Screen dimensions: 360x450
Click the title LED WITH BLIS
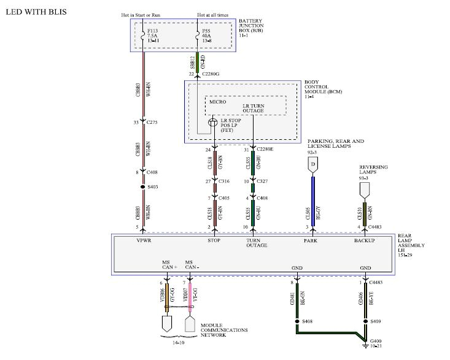pos(36,12)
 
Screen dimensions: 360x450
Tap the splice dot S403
pos(143,186)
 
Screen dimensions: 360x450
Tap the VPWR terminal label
pos(144,240)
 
